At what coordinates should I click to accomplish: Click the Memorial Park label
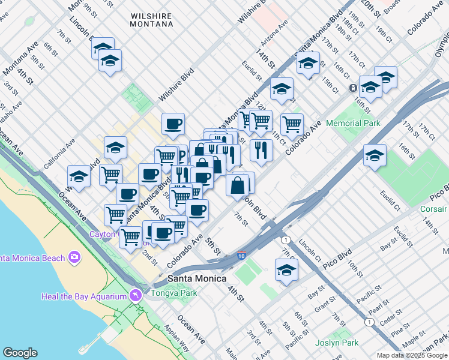coord(354,123)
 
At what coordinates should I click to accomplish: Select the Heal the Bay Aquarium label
coord(84,296)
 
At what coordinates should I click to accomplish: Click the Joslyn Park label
coord(337,343)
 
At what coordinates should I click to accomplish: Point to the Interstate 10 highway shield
coord(241,256)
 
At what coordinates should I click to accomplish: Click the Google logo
coord(20,353)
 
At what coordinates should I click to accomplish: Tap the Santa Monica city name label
coord(197,278)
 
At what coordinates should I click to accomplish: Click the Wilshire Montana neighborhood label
coord(152,18)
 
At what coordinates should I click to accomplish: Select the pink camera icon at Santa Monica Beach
coord(74,257)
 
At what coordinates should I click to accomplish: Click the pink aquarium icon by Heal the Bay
coord(136,296)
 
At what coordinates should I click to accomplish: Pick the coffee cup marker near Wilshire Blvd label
coord(173,124)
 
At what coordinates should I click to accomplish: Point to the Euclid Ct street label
coord(390,200)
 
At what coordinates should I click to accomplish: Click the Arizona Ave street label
coord(275,33)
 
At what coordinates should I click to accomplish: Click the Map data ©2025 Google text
coord(412,355)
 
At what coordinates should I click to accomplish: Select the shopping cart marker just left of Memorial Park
coord(292,124)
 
